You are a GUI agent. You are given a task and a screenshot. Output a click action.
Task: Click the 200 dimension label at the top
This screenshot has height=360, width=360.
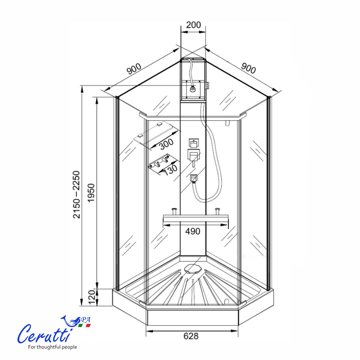click(x=193, y=25)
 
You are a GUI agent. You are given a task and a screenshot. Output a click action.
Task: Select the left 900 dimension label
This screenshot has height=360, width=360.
click(x=134, y=69)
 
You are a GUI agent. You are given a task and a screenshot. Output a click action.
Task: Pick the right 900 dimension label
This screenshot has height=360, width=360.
click(x=248, y=68)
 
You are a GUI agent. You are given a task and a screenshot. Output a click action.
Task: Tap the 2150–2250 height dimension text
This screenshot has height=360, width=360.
click(x=76, y=194)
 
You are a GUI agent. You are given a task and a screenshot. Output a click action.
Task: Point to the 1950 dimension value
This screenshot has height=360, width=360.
click(x=91, y=193)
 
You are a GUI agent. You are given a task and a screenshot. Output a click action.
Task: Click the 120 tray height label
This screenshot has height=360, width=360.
click(x=92, y=297)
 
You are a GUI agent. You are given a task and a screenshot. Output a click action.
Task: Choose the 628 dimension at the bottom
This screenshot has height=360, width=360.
click(x=191, y=336)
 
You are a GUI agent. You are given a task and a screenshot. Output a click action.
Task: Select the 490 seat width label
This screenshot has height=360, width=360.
click(x=193, y=231)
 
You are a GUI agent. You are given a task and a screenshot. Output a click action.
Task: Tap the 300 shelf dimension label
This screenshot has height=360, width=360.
click(x=166, y=144)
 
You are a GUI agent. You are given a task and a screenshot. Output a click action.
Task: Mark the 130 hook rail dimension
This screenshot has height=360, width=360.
click(x=170, y=170)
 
